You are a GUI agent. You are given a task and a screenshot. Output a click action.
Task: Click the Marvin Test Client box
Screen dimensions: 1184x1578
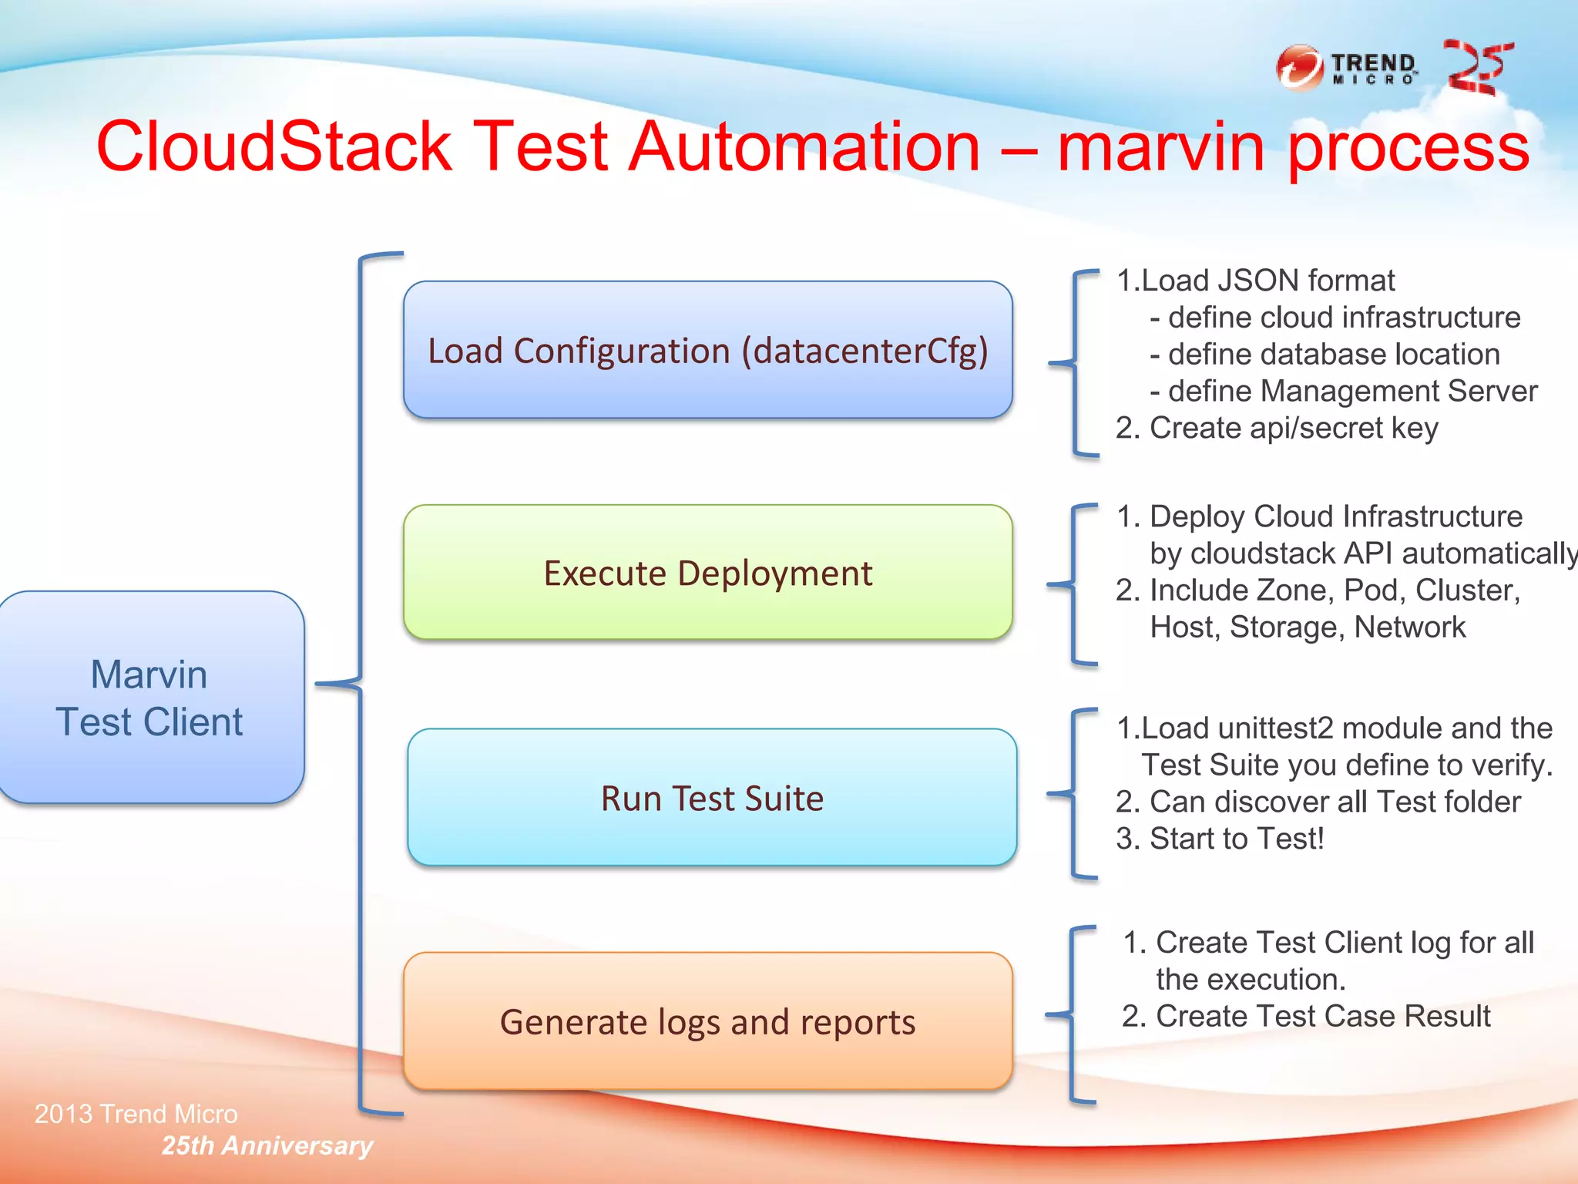tap(151, 698)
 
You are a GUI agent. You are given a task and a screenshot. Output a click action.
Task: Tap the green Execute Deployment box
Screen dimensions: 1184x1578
tap(707, 573)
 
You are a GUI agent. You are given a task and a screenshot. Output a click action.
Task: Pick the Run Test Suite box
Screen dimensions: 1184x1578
tap(711, 798)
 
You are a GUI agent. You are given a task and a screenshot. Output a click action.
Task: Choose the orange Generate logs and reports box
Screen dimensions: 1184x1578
tap(707, 1021)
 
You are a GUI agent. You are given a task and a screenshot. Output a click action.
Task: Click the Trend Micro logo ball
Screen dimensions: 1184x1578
tap(1299, 69)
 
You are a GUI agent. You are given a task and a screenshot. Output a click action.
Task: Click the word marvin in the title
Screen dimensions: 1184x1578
tap(1160, 146)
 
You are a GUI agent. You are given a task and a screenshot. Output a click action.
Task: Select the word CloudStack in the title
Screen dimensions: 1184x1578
tap(274, 146)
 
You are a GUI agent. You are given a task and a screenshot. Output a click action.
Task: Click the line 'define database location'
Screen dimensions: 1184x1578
tap(1333, 355)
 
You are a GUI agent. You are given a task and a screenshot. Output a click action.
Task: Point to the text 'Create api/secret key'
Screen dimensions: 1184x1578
tap(1293, 429)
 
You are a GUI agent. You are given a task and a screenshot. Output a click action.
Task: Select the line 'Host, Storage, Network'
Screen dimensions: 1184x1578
tap(1307, 627)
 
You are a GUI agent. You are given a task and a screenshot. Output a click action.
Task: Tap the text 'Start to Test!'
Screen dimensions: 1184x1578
tap(1236, 839)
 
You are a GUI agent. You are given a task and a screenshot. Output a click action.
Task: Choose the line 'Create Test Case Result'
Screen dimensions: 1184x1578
tap(1322, 1017)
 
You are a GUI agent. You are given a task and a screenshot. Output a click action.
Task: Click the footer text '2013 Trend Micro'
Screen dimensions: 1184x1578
tap(136, 1114)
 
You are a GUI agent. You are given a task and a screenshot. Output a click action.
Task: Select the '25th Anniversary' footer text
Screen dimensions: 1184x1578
tap(267, 1145)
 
